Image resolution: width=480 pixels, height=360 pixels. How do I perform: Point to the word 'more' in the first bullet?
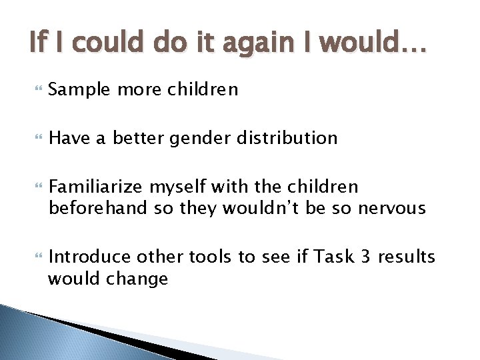135,89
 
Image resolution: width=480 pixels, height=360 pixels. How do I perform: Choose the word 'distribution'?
287,138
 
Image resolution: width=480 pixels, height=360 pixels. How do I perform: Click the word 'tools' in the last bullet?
210,257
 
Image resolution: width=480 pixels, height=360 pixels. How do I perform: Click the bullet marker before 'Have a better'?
35,139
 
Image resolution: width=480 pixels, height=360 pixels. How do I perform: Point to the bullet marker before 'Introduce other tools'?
35,257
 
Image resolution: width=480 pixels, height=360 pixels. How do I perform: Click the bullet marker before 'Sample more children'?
35,90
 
